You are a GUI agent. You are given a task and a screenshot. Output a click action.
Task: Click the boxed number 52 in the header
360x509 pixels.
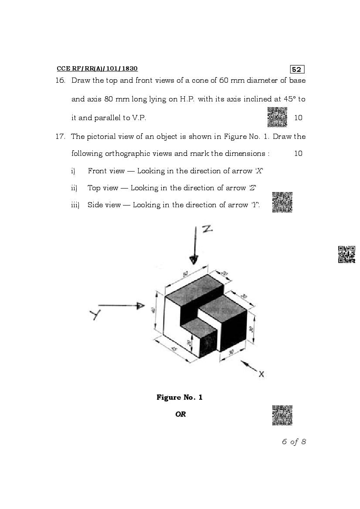pos(297,70)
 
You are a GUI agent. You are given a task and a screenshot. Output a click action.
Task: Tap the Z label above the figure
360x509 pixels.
pos(207,229)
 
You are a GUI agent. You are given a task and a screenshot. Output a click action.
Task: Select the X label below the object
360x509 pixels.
pos(262,374)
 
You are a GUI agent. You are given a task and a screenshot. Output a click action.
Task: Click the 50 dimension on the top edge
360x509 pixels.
pos(185,274)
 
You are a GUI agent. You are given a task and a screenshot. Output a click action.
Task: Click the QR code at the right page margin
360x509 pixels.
pos(346,254)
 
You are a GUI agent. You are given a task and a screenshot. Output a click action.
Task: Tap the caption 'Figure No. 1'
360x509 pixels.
pos(180,397)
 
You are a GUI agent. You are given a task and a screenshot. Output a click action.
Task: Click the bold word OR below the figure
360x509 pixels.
pos(180,414)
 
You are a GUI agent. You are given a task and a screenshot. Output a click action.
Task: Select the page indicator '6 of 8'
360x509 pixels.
pos(294,442)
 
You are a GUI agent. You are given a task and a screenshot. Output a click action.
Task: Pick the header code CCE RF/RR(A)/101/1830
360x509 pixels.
pos(97,69)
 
